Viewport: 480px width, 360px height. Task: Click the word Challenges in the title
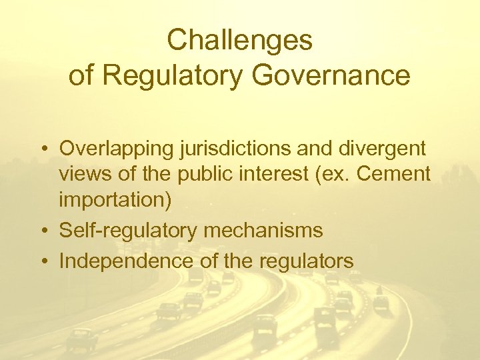coord(239,41)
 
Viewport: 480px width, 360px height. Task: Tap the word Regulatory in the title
coord(174,76)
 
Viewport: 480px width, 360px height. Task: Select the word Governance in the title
coord(332,76)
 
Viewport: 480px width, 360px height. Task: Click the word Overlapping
coord(117,148)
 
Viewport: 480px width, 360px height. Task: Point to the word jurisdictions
coord(232,148)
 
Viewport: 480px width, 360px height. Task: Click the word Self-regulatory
coord(128,231)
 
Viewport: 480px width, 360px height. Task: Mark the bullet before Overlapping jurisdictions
coord(42,148)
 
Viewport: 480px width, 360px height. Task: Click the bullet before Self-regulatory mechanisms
coord(42,231)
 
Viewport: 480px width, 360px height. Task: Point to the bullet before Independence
coord(42,261)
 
